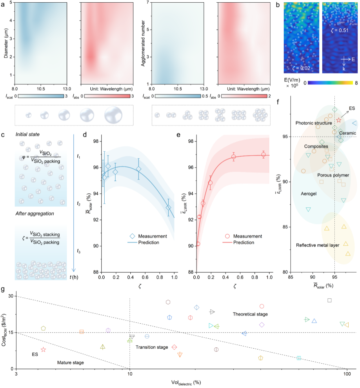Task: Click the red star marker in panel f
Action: [339, 120]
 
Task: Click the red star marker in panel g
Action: [43, 349]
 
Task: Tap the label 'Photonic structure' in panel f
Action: [314, 123]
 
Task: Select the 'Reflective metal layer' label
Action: [318, 245]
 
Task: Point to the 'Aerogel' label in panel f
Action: [309, 194]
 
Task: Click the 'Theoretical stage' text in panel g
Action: [250, 314]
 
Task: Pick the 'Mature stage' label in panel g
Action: [70, 362]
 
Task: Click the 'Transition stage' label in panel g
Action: [152, 347]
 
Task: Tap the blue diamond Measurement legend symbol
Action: [132, 236]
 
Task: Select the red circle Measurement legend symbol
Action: [227, 236]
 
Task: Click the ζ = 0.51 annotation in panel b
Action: [339, 30]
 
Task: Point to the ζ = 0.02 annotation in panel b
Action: [301, 68]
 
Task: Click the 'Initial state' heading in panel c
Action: [27, 134]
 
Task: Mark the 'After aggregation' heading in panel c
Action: [35, 213]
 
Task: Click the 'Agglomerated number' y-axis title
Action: [143, 43]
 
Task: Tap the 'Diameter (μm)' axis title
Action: [6, 43]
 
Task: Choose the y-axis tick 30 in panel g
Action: [11, 296]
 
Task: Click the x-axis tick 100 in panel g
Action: [347, 374]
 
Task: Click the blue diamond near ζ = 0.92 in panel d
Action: [168, 208]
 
